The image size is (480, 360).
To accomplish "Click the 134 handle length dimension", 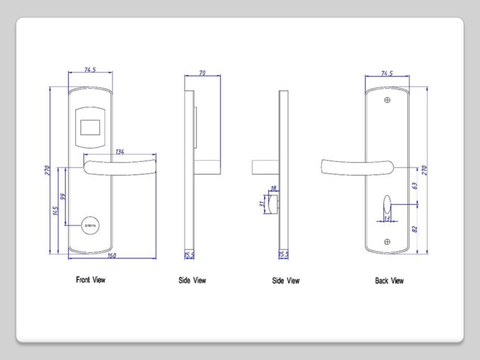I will pyautogui.click(x=120, y=151).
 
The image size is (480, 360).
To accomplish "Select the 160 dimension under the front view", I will pyautogui.click(x=112, y=256).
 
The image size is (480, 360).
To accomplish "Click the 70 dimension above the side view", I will pyautogui.click(x=203, y=72).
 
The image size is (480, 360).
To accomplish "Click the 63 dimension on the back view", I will pyautogui.click(x=414, y=185).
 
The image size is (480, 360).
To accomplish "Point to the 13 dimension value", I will pyautogui.click(x=386, y=218).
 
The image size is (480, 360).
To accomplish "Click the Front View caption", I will pyautogui.click(x=90, y=280).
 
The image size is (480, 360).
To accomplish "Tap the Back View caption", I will pyautogui.click(x=389, y=281).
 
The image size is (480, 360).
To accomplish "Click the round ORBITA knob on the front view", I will pyautogui.click(x=90, y=225).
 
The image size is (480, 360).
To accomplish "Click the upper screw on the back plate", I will pyautogui.click(x=387, y=100).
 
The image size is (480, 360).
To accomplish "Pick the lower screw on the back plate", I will pyautogui.click(x=387, y=242).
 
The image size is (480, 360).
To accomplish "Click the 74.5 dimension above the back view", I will pyautogui.click(x=386, y=73).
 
